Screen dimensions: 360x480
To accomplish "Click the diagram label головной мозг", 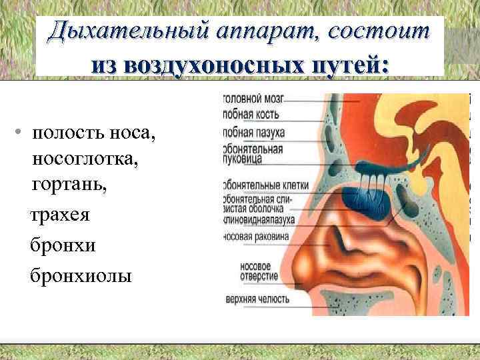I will pos(253,99).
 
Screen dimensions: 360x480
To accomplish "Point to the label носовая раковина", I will pos(256,237).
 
